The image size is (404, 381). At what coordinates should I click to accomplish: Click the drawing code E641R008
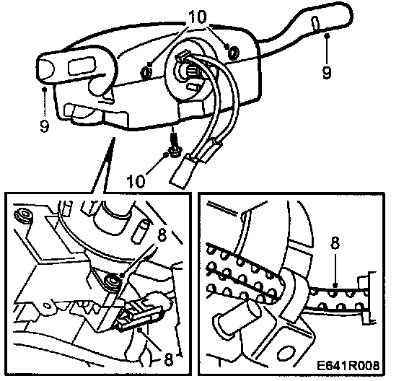click(348, 365)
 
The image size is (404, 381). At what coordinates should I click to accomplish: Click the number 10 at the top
click(198, 17)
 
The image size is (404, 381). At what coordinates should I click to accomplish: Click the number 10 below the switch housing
click(136, 180)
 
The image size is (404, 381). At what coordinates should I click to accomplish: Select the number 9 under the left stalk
click(44, 126)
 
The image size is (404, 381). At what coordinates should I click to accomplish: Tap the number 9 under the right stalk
click(326, 72)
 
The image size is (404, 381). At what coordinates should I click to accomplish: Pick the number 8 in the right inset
click(335, 243)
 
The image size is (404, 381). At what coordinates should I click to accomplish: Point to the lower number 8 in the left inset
click(168, 359)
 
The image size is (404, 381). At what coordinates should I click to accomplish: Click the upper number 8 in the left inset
click(162, 235)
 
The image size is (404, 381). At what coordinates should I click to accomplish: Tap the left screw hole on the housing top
click(146, 72)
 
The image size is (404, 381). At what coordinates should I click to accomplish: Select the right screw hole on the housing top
click(234, 53)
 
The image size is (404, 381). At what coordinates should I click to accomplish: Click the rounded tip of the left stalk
click(44, 69)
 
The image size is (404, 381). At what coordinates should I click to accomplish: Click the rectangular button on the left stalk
click(82, 66)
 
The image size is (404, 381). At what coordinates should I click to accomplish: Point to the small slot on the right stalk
click(315, 23)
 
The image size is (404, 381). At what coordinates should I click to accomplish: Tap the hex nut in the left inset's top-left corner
click(24, 215)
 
